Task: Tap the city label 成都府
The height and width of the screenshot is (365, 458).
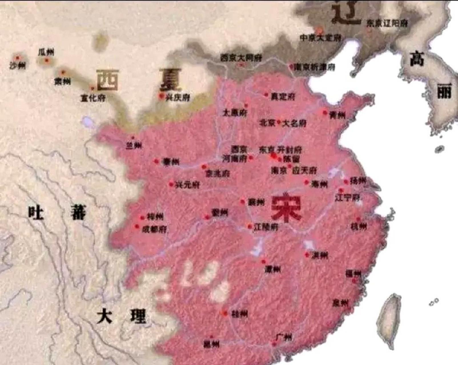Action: pos(154,229)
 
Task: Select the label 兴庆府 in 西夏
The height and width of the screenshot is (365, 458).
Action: pos(178,98)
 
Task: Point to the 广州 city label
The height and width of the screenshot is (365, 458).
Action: pos(284,337)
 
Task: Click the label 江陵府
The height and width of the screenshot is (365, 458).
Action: pos(266,227)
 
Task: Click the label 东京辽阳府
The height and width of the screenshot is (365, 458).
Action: pos(387,23)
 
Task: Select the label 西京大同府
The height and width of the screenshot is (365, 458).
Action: pos(241,58)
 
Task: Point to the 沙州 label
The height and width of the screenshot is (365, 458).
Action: pos(17,66)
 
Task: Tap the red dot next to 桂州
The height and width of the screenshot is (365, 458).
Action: pos(225,313)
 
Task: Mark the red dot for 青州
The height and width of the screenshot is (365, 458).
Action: pos(325,113)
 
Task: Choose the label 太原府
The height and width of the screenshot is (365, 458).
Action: pos(235,113)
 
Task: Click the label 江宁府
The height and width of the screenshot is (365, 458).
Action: pos(347,197)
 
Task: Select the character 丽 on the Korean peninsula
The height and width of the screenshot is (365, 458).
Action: pos(445,91)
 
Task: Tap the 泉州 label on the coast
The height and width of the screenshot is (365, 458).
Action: pos(340,303)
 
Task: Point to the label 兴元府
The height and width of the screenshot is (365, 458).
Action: pos(187,185)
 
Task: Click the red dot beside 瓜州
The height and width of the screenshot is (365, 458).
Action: pos(47,60)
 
